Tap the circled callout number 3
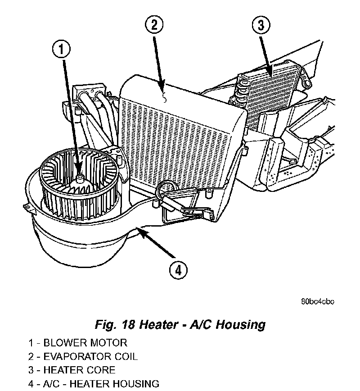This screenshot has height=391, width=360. click(x=261, y=25)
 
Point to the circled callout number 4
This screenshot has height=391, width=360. click(x=178, y=270)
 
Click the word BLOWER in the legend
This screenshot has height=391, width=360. click(x=63, y=343)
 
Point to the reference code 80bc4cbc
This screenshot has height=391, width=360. click(x=317, y=302)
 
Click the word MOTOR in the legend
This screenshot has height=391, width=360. click(x=107, y=343)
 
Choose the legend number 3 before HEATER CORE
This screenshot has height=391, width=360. click(x=31, y=371)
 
